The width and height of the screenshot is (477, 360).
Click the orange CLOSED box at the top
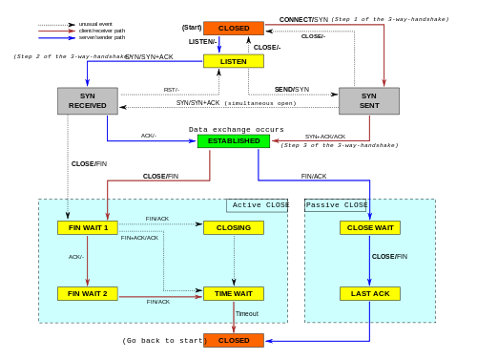[x=233, y=29]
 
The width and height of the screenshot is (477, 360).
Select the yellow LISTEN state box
[x=233, y=61]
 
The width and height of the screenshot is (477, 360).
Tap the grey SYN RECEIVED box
[x=87, y=101]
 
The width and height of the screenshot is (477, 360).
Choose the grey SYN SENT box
[x=369, y=101]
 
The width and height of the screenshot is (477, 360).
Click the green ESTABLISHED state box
[x=233, y=141]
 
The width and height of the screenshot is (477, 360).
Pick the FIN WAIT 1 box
[x=87, y=227]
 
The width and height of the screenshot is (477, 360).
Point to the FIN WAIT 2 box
[x=87, y=293]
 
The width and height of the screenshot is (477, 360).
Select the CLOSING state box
[x=233, y=227]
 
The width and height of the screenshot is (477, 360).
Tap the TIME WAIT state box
[x=233, y=293]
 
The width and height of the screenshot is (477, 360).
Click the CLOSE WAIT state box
[x=369, y=227]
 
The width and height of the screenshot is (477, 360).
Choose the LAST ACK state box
[x=369, y=293]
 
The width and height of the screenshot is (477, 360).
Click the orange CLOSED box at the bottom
[x=233, y=340]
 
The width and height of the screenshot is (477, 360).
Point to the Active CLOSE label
[x=259, y=205]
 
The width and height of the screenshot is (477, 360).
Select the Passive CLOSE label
[x=337, y=205]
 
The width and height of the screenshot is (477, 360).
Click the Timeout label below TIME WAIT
[x=247, y=313]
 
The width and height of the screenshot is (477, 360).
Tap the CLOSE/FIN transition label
[x=389, y=256]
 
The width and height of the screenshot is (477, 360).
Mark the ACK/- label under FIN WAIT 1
[x=76, y=256]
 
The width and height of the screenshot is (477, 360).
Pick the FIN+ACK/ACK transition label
[x=139, y=238]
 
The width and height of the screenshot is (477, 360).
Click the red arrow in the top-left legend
[x=56, y=31]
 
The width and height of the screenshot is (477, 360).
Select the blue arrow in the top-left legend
[x=56, y=38]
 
